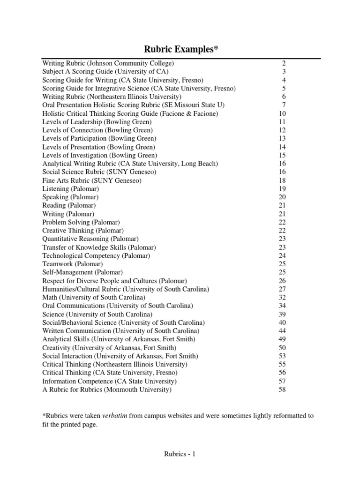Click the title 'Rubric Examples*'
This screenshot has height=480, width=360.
click(180, 50)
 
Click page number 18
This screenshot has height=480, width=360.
click(282, 180)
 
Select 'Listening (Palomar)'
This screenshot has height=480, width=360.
click(70, 188)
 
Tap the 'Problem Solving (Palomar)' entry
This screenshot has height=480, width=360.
click(81, 222)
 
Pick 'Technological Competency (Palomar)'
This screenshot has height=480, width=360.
click(96, 255)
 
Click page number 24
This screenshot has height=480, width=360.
click(282, 255)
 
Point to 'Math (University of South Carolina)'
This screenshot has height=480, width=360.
click(94, 297)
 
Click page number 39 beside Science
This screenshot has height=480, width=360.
click(282, 314)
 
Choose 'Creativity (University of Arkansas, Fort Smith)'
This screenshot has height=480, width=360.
click(109, 347)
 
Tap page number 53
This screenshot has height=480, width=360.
click(282, 356)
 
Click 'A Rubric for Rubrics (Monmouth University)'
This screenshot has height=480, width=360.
click(107, 389)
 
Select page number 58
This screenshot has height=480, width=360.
click(282, 389)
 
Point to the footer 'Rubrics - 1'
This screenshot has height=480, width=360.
click(180, 454)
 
